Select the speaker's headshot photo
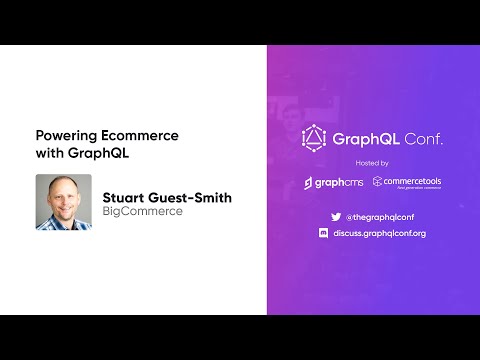[x=63, y=203]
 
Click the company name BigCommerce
[x=142, y=212]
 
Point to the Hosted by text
[x=373, y=162]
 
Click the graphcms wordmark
[x=343, y=183]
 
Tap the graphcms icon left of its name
[x=310, y=183]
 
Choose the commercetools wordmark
[x=413, y=181]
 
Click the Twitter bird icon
[x=336, y=215]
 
